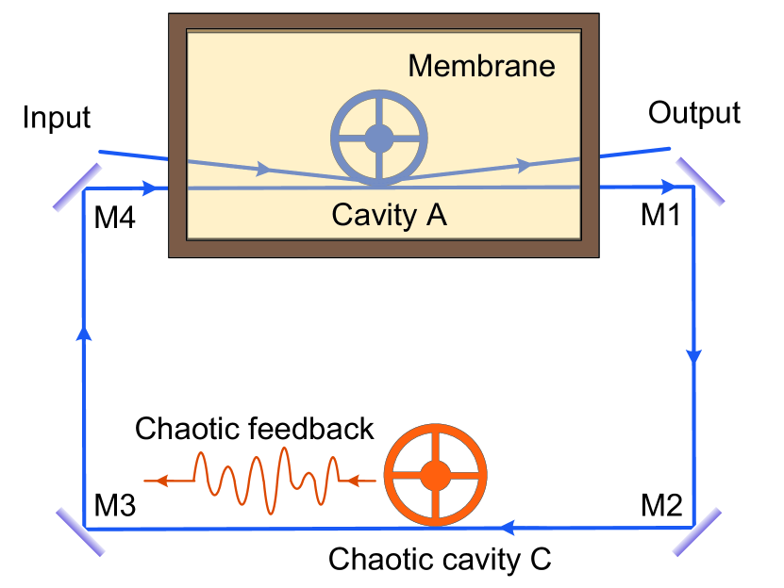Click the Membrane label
point(481,67)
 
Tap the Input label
point(57,118)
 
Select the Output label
point(694,113)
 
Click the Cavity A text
point(389,216)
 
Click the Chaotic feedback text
point(255,429)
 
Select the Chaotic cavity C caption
point(439,559)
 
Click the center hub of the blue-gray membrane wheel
point(379,138)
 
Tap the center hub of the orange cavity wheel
point(435,475)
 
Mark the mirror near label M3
point(79,531)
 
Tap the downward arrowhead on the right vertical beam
point(694,356)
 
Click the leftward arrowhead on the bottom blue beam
point(507,528)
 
